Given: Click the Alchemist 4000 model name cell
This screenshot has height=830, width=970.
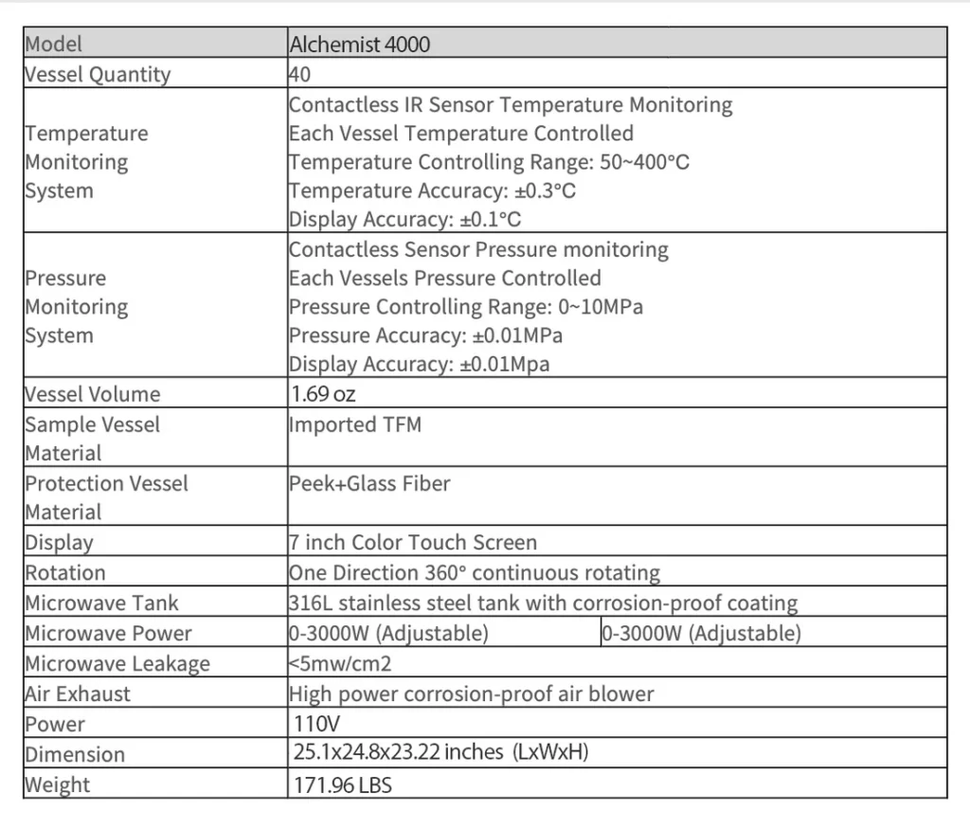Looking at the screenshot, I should tap(359, 44).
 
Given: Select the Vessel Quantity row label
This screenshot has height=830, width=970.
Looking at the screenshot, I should tap(98, 74).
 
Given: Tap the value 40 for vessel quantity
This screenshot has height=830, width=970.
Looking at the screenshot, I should tap(300, 74).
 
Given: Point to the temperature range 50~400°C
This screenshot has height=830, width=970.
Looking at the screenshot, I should tap(644, 162).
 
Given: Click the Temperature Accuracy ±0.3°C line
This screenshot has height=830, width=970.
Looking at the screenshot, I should tap(433, 191).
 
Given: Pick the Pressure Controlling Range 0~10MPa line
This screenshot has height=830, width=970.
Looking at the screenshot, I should tap(467, 307).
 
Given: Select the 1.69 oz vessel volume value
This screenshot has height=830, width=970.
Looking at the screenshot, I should tap(324, 393).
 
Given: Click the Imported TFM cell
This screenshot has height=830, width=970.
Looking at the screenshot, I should tap(355, 424).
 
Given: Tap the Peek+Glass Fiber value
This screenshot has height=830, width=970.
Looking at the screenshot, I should tap(369, 483).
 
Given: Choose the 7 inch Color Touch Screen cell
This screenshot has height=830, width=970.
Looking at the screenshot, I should tap(413, 543).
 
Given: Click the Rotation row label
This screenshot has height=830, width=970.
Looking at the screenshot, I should tap(65, 572).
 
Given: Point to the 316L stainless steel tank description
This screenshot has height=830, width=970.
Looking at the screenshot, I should tap(543, 603).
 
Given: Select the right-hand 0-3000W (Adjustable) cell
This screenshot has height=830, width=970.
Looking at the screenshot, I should tap(701, 633).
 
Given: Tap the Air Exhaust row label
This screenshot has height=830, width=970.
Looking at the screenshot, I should tap(78, 694).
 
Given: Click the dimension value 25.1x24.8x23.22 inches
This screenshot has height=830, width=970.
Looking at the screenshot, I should tap(441, 753).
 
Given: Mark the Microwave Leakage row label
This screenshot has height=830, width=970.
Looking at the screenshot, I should tap(117, 663).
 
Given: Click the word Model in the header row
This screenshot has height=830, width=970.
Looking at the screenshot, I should tap(54, 44).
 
